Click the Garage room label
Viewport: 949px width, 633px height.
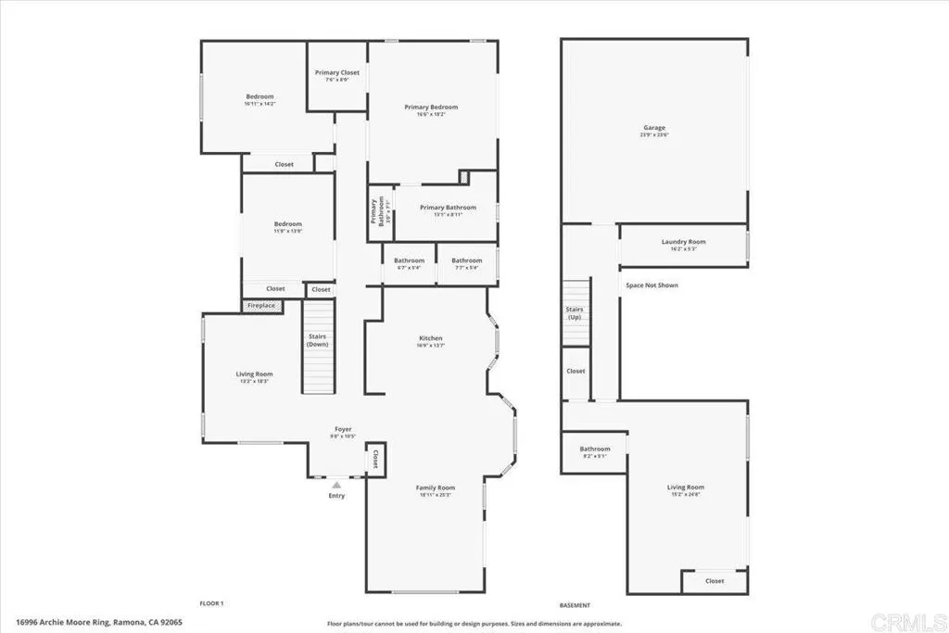pos(654,129)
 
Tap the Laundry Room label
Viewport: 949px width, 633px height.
pos(683,243)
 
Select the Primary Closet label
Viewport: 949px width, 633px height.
pos(336,73)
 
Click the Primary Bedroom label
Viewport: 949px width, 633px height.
pos(431,108)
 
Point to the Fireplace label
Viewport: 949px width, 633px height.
pos(260,305)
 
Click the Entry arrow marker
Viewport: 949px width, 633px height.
pos(336,484)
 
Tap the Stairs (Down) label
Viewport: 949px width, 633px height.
pos(317,340)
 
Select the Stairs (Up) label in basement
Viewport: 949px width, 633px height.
pos(574,312)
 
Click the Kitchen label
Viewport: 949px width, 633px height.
pos(431,339)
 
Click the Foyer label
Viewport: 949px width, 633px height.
pos(343,430)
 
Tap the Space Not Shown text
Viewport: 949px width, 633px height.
pos(652,285)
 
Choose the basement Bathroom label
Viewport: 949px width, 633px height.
pos(595,449)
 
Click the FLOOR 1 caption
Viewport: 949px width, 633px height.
pos(212,603)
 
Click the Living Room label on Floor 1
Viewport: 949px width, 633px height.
pos(254,374)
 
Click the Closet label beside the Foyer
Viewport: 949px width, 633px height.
pos(376,459)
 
